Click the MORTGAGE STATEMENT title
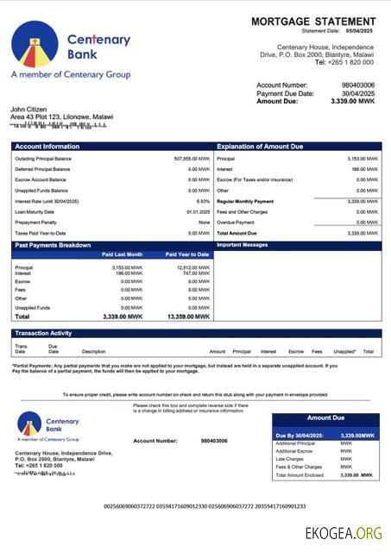[x=314, y=21]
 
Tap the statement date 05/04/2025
[x=361, y=31]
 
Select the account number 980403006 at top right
[x=357, y=85]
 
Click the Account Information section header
[x=47, y=147]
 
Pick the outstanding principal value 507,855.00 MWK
[x=192, y=159]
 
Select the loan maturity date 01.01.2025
[x=199, y=211]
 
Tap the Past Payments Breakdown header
[x=54, y=246]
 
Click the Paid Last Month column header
[x=122, y=254]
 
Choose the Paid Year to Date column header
[x=187, y=254]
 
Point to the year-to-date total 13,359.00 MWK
[x=188, y=317]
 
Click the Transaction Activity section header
[x=44, y=333]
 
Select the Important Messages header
[x=243, y=246]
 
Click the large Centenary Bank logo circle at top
[x=35, y=43]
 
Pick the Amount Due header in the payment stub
[x=325, y=418]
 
